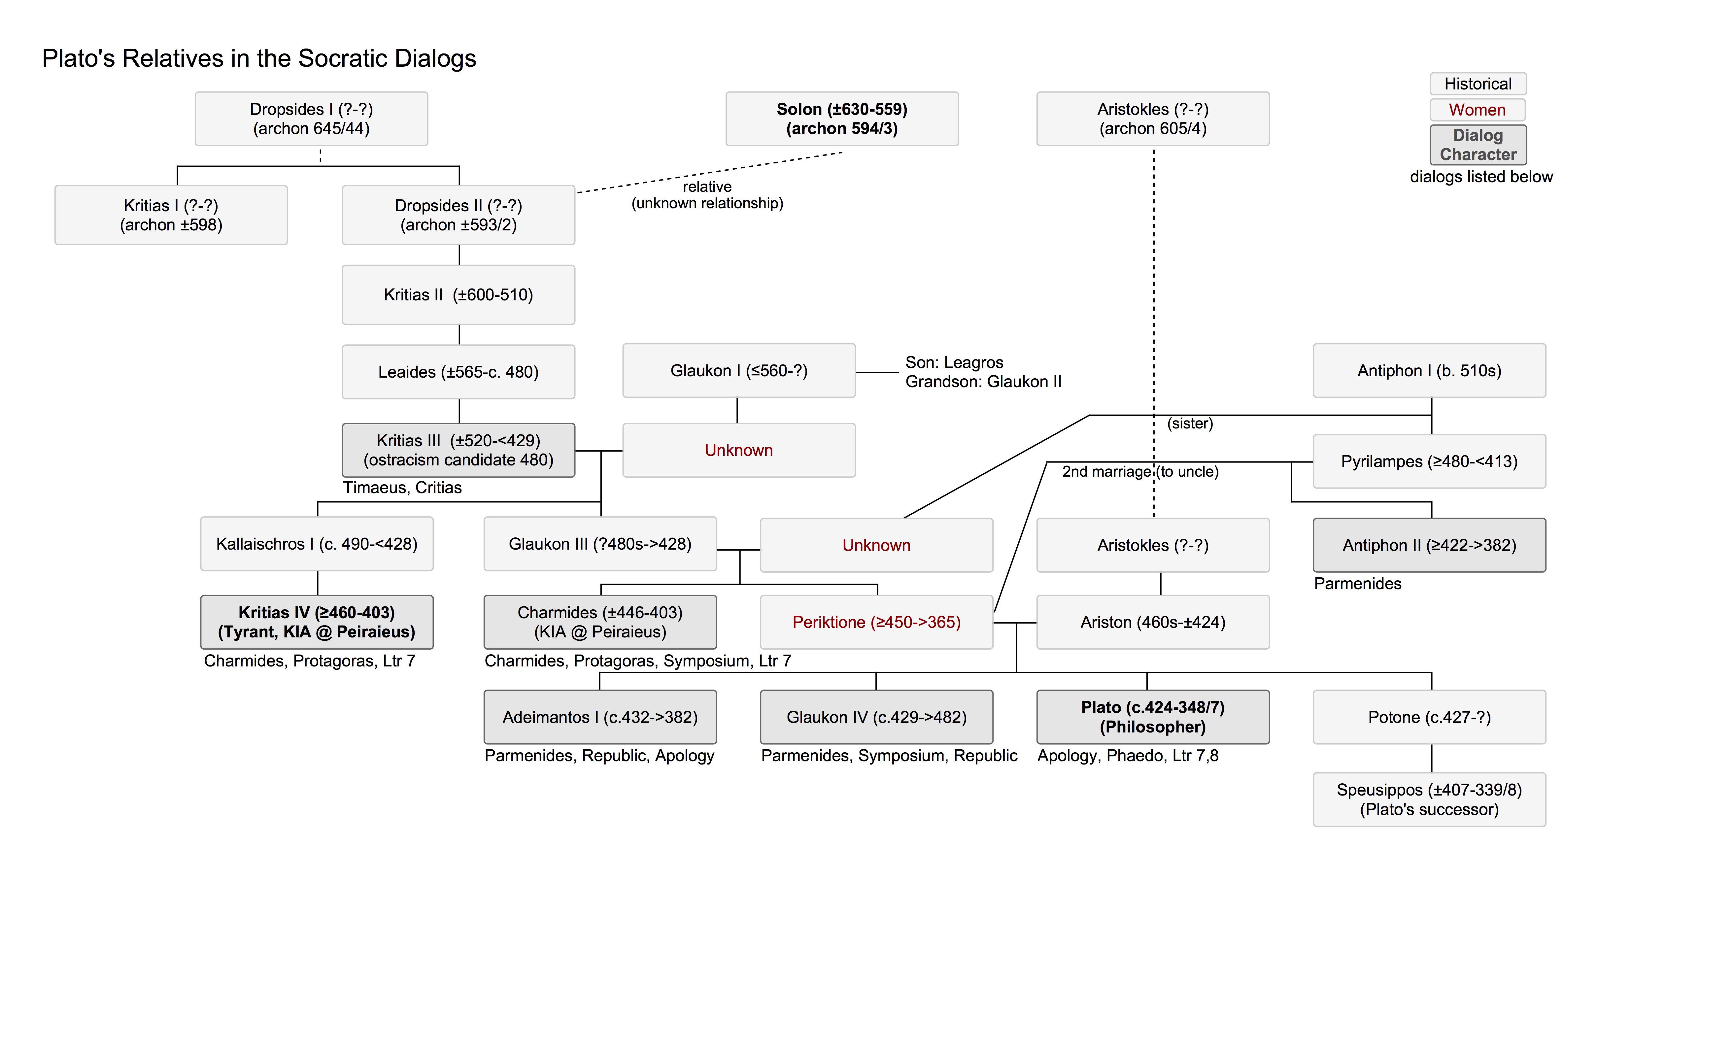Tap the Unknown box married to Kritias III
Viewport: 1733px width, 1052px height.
738,450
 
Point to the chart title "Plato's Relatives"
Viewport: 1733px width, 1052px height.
259,58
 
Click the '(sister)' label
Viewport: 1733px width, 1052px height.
1190,423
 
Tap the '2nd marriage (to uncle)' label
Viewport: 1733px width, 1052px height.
1139,471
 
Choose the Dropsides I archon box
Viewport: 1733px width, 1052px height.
311,119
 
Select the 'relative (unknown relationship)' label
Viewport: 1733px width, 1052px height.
707,195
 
